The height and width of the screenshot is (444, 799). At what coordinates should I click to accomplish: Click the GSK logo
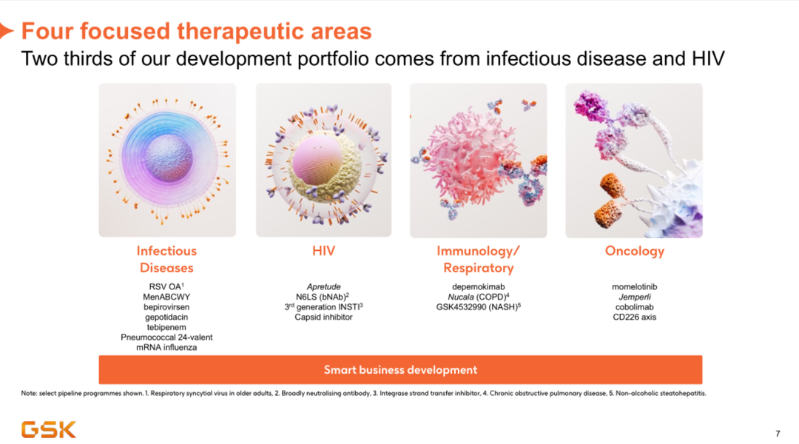pos(48,429)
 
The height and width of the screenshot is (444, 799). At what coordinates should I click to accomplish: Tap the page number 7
pos(778,434)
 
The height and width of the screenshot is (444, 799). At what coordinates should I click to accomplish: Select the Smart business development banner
pos(400,369)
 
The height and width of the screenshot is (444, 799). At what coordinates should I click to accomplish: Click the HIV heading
pos(323,251)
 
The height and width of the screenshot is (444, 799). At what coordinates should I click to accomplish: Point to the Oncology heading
pos(635,252)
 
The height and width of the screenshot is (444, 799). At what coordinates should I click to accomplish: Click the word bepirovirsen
pos(166,307)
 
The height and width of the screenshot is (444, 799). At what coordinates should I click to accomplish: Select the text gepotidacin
pos(166,317)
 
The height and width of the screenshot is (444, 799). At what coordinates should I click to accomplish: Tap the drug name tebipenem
pos(166,327)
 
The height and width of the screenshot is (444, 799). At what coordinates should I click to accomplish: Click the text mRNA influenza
pos(166,347)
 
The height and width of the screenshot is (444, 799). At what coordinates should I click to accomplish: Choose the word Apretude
pos(323,287)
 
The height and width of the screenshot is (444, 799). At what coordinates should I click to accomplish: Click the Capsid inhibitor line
pos(323,317)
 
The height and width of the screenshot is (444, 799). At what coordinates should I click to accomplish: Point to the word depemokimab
pos(479,287)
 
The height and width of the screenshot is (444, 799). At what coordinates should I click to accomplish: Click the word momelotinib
pos(635,287)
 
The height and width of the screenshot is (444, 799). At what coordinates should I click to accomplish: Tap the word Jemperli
pos(635,297)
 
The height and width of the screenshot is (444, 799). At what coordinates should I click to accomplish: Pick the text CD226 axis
pos(635,317)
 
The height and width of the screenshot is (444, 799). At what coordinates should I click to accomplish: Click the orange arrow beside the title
pos(6,30)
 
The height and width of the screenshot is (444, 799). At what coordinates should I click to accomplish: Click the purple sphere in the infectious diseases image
pos(169,158)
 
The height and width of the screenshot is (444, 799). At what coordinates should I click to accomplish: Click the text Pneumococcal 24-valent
pos(166,337)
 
